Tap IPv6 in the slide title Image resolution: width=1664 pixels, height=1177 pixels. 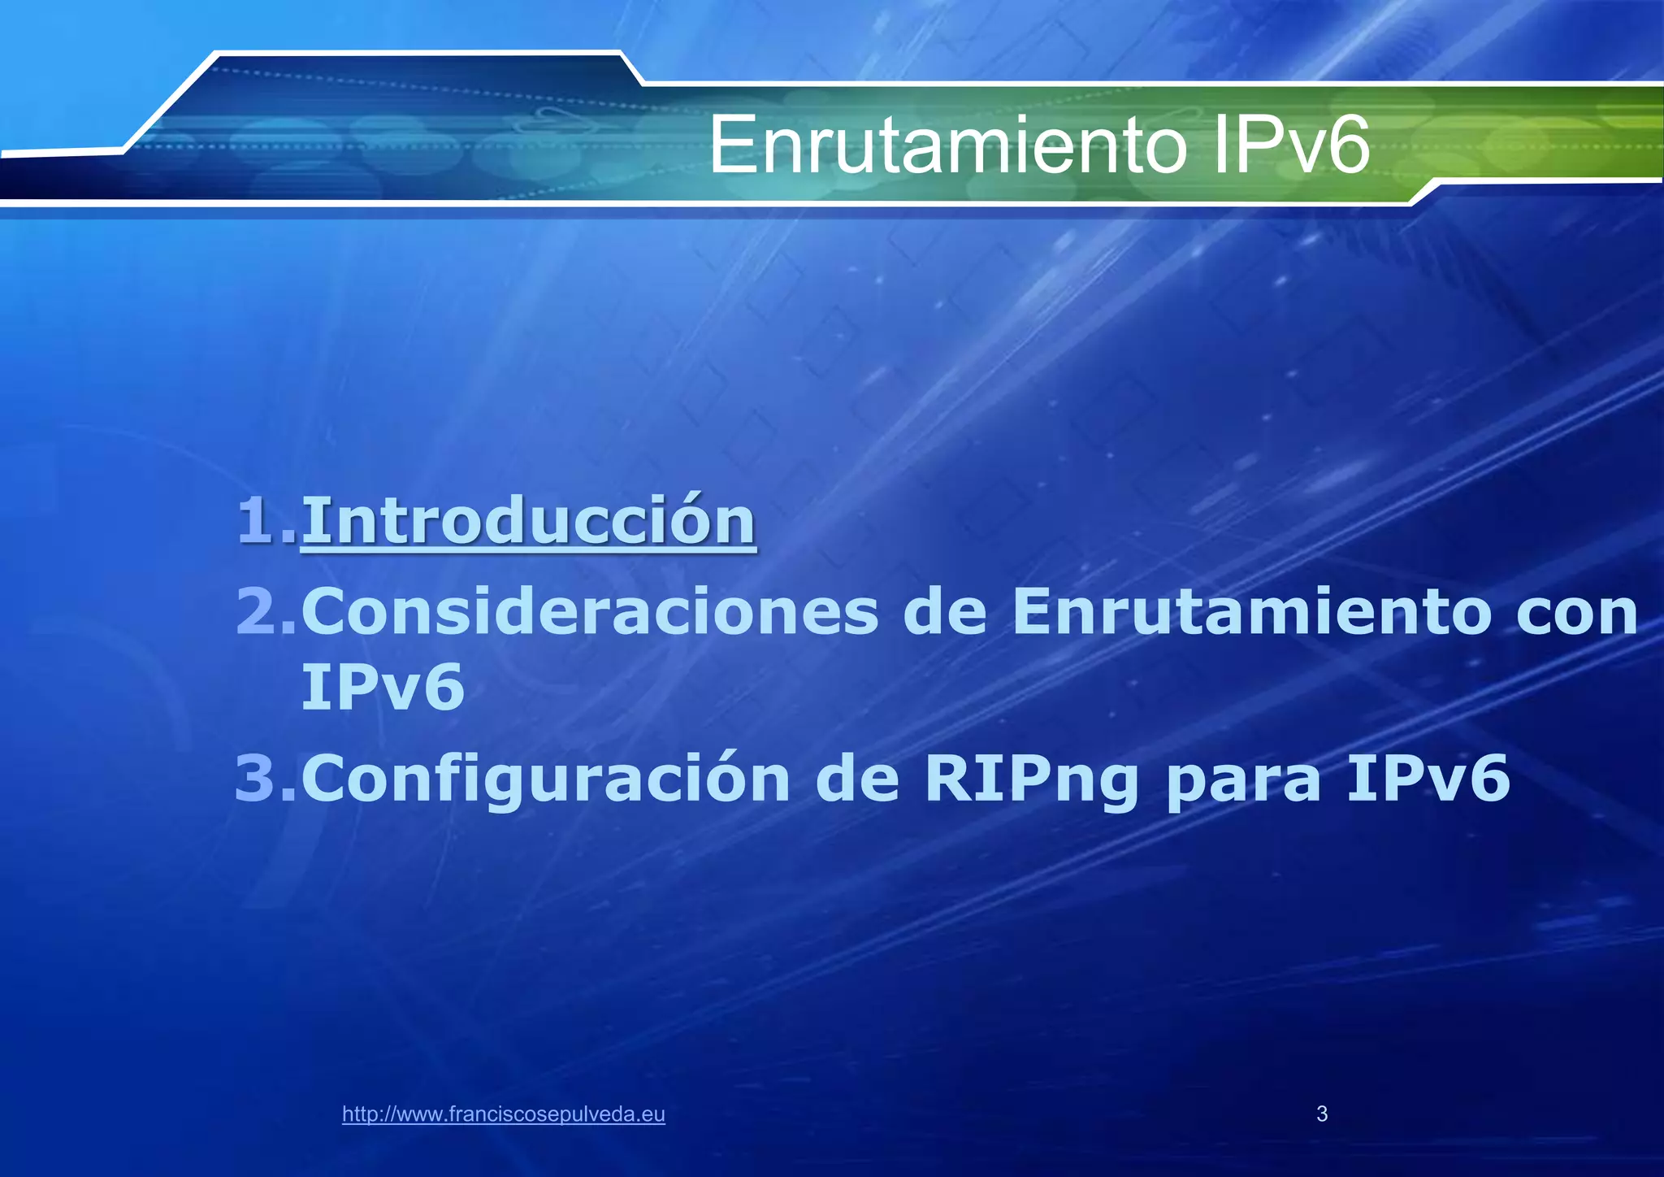(x=1291, y=146)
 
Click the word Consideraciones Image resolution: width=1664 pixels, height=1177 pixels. (x=590, y=612)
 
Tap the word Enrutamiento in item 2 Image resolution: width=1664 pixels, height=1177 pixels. (x=1252, y=612)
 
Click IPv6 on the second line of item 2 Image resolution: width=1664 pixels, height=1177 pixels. (x=382, y=688)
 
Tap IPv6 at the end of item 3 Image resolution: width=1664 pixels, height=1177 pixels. (x=1428, y=778)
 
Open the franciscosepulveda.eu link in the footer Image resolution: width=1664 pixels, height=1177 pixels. (x=504, y=1114)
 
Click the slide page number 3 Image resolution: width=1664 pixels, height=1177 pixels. (x=1322, y=1114)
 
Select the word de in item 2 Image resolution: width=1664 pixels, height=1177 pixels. (x=944, y=612)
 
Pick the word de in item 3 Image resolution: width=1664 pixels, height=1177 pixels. (x=857, y=778)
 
